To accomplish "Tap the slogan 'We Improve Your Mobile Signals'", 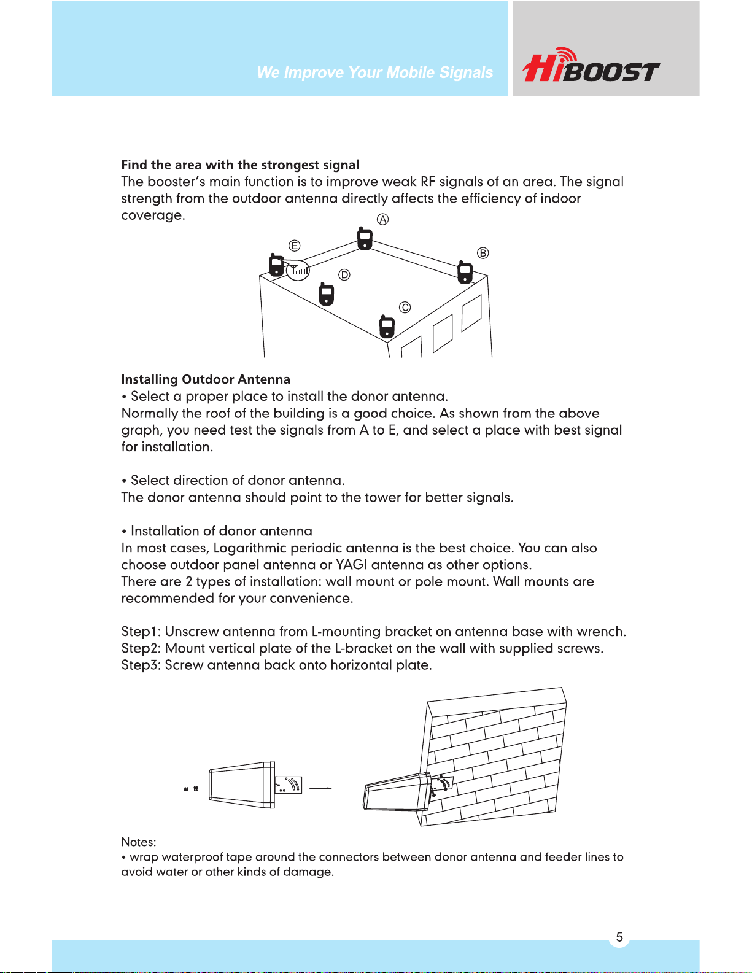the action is pyautogui.click(x=374, y=72).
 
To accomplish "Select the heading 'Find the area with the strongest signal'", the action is pyautogui.click(x=240, y=165).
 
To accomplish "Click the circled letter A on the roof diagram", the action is pyautogui.click(x=382, y=219).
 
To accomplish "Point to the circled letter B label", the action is pyautogui.click(x=483, y=253).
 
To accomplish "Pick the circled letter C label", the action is pyautogui.click(x=405, y=308).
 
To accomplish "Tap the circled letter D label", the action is pyautogui.click(x=344, y=275).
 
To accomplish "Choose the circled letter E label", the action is pyautogui.click(x=294, y=246).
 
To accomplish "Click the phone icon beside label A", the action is pyautogui.click(x=365, y=239).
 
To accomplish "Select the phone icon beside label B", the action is pyautogui.click(x=465, y=272).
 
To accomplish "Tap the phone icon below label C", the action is pyautogui.click(x=387, y=327).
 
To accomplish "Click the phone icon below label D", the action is pyautogui.click(x=327, y=293).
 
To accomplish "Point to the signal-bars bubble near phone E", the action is pyautogui.click(x=298, y=270).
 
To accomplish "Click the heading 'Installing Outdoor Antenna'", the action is pyautogui.click(x=206, y=379).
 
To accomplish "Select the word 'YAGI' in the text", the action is pyautogui.click(x=351, y=565).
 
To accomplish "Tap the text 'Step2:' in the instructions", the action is pyautogui.click(x=141, y=648).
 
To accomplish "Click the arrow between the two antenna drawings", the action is pyautogui.click(x=320, y=788).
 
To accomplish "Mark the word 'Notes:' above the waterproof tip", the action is pyautogui.click(x=139, y=842).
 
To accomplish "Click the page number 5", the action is pyautogui.click(x=619, y=937).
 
